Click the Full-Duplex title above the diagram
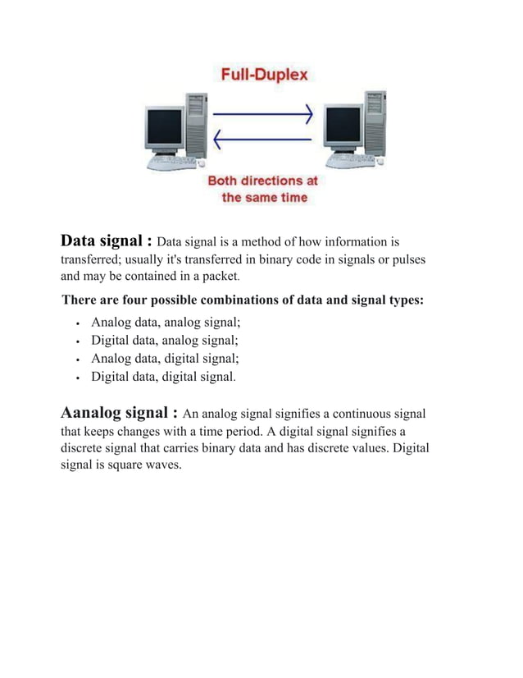point(265,76)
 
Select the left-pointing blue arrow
point(264,140)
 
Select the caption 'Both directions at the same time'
point(263,189)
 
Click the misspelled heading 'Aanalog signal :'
point(120,411)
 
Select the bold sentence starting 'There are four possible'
point(243,300)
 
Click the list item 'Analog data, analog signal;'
point(165,323)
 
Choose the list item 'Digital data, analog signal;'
point(165,341)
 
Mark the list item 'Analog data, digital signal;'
point(165,359)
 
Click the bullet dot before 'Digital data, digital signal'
point(76,378)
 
